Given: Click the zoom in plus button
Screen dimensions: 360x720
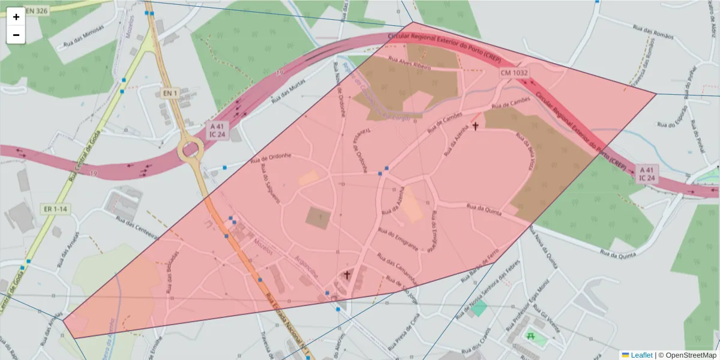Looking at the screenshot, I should click(x=16, y=17).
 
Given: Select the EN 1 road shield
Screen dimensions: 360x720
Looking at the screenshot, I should click(x=170, y=93).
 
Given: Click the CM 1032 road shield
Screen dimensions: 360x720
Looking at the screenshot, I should click(x=515, y=73).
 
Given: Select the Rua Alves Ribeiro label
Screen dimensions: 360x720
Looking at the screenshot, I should click(x=410, y=63).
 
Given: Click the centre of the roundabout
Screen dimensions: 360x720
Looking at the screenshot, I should click(x=190, y=148).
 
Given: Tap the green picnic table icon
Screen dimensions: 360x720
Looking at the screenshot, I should click(x=530, y=336).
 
